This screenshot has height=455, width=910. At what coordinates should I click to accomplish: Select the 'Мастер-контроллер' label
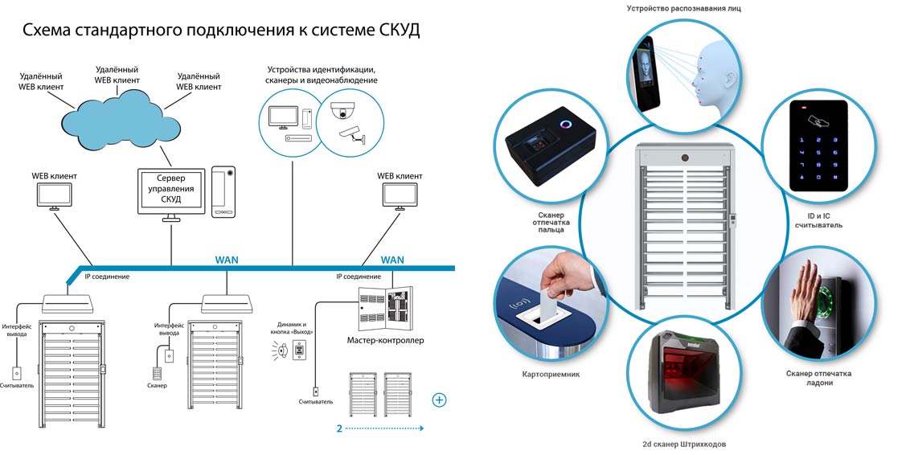pyautogui.click(x=385, y=340)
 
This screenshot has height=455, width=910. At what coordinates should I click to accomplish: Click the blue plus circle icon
pyautogui.click(x=439, y=400)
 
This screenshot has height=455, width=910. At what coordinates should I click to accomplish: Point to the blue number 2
pyautogui.click(x=339, y=428)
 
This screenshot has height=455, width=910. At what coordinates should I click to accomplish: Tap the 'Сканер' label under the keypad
pyautogui.click(x=158, y=387)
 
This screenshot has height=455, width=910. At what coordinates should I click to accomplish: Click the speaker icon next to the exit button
pyautogui.click(x=280, y=350)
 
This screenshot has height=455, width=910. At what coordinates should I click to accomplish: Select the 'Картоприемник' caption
pyautogui.click(x=550, y=374)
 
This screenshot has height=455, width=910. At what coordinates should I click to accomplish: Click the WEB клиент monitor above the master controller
pyautogui.click(x=399, y=195)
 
